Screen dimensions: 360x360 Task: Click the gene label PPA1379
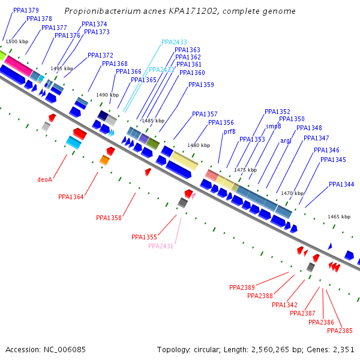pyautogui.click(x=26, y=10)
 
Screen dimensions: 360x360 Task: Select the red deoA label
pyautogui.click(x=45, y=179)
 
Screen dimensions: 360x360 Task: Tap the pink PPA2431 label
pyautogui.click(x=161, y=246)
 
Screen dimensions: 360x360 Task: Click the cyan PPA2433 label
pyautogui.click(x=175, y=43)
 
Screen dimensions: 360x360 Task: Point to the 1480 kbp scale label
pyautogui.click(x=199, y=145)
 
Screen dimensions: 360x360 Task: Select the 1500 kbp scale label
pyautogui.click(x=17, y=41)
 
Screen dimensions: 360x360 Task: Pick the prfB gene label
pyautogui.click(x=229, y=131)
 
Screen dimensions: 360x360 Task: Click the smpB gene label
pyautogui.click(x=274, y=126)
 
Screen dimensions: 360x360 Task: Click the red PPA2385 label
pyautogui.click(x=340, y=331)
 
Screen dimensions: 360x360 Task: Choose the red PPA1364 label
pyautogui.click(x=71, y=197)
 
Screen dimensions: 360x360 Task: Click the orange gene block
pyautogui.click(x=104, y=160)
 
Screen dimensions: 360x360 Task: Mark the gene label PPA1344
pyautogui.click(x=341, y=184)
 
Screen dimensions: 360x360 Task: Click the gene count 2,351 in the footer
pyautogui.click(x=344, y=349)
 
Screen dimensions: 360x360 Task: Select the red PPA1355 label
pyautogui.click(x=144, y=237)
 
